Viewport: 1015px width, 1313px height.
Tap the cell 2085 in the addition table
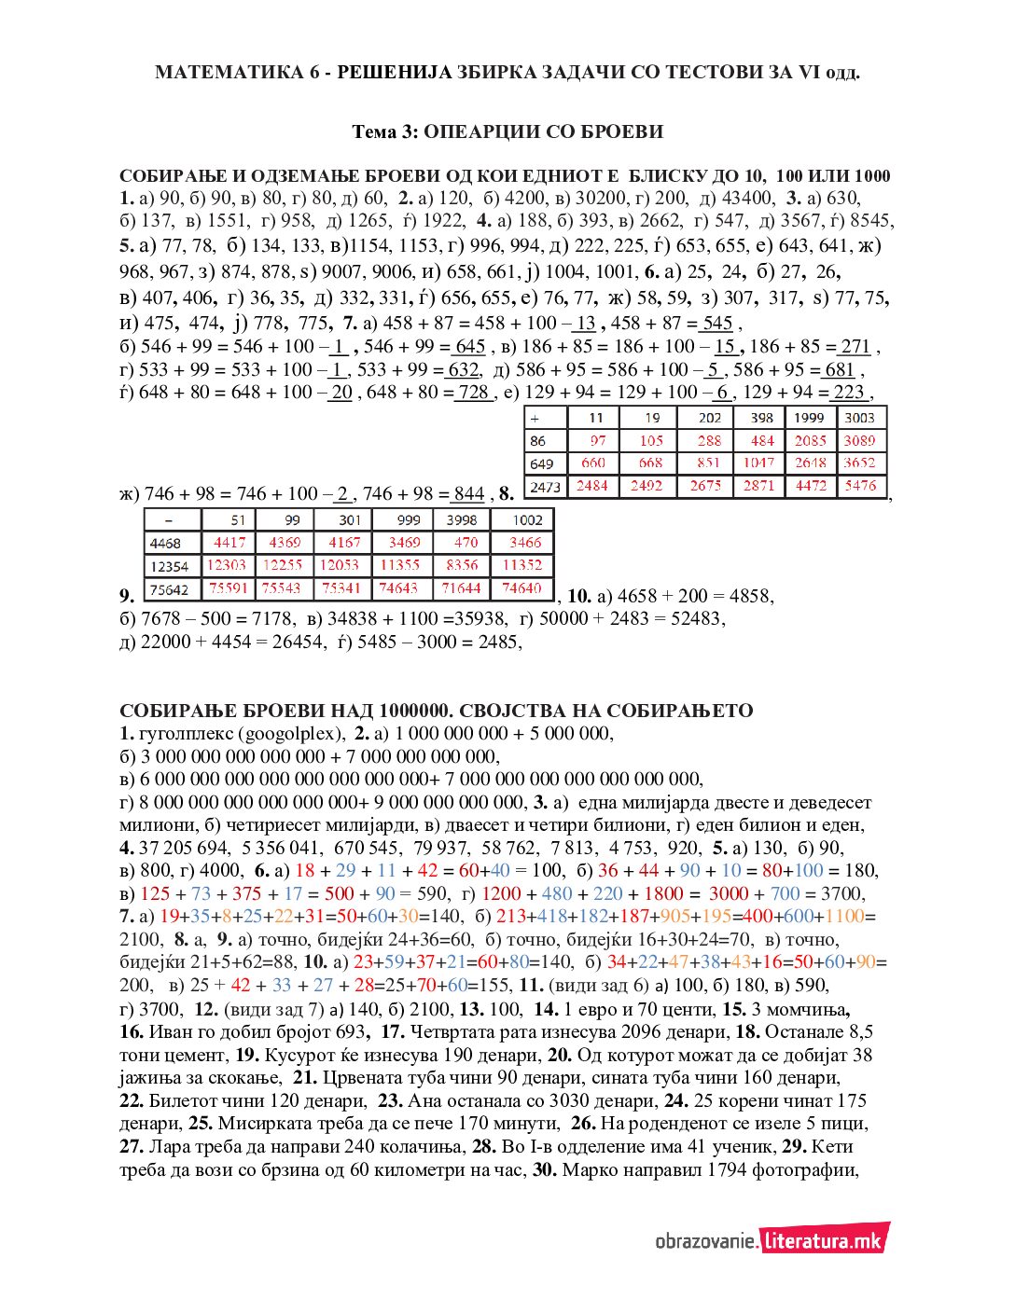pos(810,440)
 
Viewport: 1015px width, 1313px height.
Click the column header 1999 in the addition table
pos(810,418)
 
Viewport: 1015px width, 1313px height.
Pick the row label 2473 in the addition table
pos(546,486)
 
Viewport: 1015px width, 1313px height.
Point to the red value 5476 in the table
pos(860,485)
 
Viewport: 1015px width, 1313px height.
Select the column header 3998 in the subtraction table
pos(461,520)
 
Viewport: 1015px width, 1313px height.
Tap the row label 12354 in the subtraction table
pos(169,566)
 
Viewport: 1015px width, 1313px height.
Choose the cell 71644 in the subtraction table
pos(462,588)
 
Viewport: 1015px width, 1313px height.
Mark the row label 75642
pos(169,589)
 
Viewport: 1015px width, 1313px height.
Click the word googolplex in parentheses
pos(292,733)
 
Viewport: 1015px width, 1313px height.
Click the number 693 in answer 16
pos(350,1032)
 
